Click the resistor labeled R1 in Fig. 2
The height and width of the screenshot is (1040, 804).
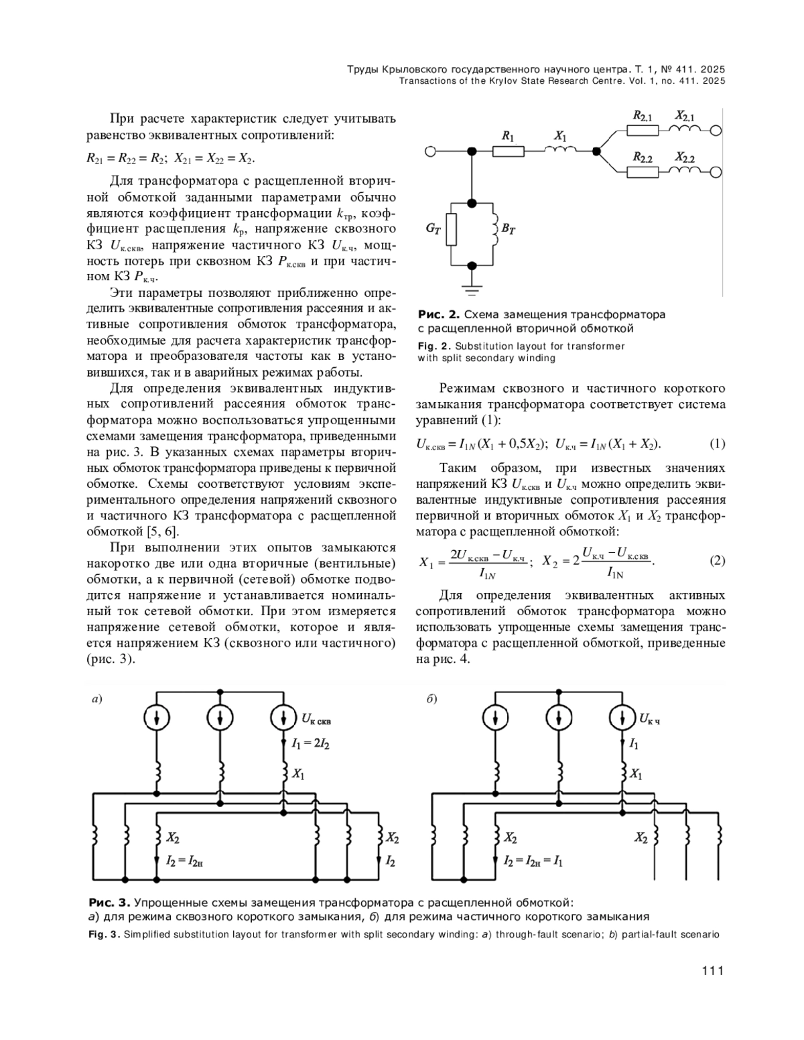508,151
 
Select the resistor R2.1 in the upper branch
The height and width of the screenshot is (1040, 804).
643,131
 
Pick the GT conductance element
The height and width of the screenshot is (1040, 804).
452,230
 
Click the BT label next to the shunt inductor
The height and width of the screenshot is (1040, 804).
509,230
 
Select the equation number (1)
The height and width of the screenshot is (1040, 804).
717,444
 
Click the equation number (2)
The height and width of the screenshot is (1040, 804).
717,561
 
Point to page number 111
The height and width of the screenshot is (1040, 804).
712,970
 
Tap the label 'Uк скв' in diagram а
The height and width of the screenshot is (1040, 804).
316,721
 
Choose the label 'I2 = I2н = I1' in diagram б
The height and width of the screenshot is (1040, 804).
533,861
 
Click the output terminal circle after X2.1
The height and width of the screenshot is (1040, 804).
716,131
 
